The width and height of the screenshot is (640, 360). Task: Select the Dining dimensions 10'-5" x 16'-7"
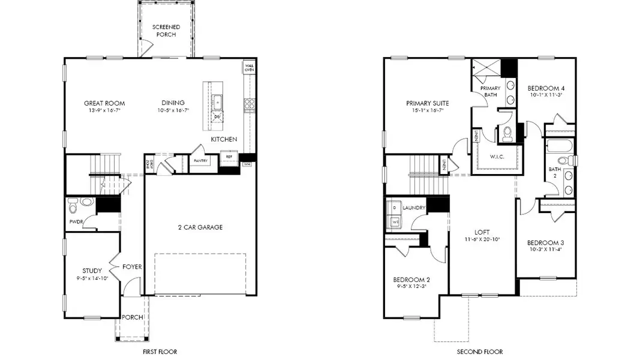coord(173,111)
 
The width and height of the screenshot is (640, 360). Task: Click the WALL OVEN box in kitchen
coord(249,67)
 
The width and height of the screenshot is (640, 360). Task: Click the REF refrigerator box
coord(229,157)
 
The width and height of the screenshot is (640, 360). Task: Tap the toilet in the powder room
coord(73,206)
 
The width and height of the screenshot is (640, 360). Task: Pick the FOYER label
coord(132,267)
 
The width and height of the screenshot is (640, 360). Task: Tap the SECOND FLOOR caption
coord(480,352)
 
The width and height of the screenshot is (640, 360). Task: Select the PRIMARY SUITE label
coord(427,103)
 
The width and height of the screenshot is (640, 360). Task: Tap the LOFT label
coord(482,232)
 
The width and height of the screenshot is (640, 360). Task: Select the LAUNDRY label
coord(414,208)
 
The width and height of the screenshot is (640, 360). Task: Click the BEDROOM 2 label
coord(411,280)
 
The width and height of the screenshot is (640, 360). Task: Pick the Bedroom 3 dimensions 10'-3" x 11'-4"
coord(545,250)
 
